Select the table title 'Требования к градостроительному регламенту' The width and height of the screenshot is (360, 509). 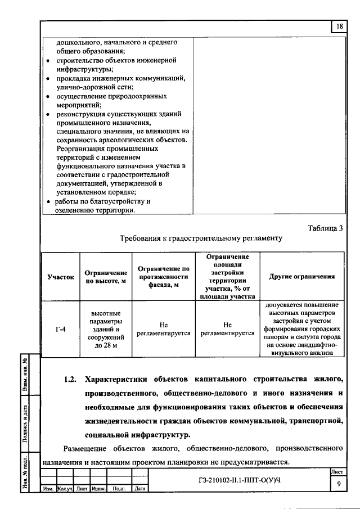(200, 238)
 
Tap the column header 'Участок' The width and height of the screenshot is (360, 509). (61, 277)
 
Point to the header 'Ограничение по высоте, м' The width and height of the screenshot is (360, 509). (102, 277)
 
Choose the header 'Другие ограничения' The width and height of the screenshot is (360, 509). (302, 277)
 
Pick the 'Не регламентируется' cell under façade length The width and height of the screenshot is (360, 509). (164, 328)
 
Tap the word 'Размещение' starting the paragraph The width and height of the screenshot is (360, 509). (84, 448)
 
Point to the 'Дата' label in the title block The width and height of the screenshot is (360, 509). (139, 488)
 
